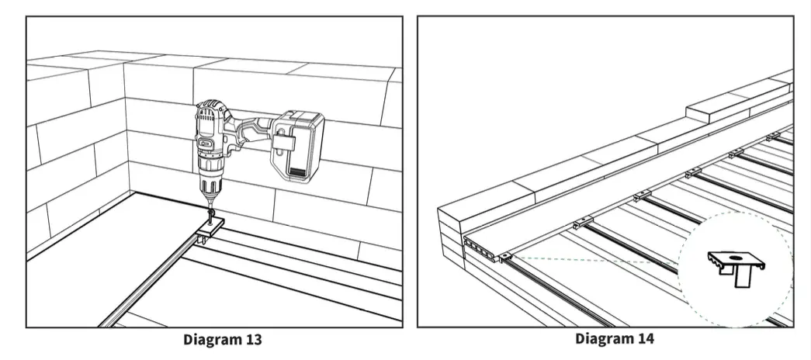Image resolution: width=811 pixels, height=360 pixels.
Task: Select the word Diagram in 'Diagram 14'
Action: point(602,339)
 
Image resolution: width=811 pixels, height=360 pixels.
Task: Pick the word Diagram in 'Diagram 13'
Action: point(210,340)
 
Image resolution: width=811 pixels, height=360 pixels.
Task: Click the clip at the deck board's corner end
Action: point(508,258)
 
